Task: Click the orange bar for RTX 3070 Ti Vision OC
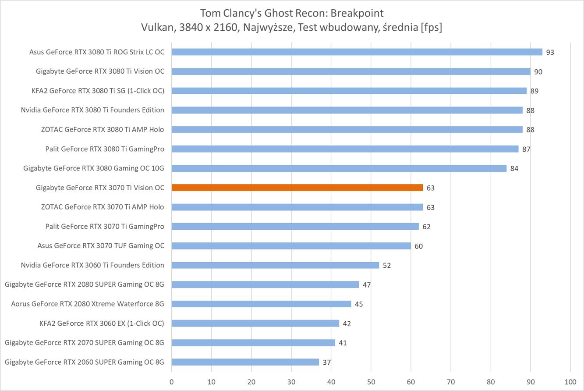pos(297,188)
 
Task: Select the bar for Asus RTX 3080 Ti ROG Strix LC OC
pos(357,52)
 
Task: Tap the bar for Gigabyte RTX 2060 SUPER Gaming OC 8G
pos(245,362)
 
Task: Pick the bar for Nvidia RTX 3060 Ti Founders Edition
pos(275,265)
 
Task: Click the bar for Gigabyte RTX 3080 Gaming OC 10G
pos(339,168)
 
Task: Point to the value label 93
pos(550,52)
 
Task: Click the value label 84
pos(514,169)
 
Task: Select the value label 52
pos(386,266)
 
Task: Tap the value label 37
pos(326,363)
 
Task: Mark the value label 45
pos(358,304)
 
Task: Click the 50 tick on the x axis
pos(371,381)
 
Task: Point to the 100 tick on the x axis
pos(570,381)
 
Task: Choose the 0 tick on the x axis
pos(171,381)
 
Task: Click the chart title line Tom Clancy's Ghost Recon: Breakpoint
pos(292,12)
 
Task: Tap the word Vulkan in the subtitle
pos(156,27)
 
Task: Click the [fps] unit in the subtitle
pos(431,27)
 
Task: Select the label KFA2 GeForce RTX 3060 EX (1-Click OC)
pos(102,323)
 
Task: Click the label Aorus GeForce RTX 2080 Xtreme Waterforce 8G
pos(88,304)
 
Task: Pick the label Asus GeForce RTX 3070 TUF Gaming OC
pos(101,245)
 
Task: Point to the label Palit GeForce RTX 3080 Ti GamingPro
pos(105,149)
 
